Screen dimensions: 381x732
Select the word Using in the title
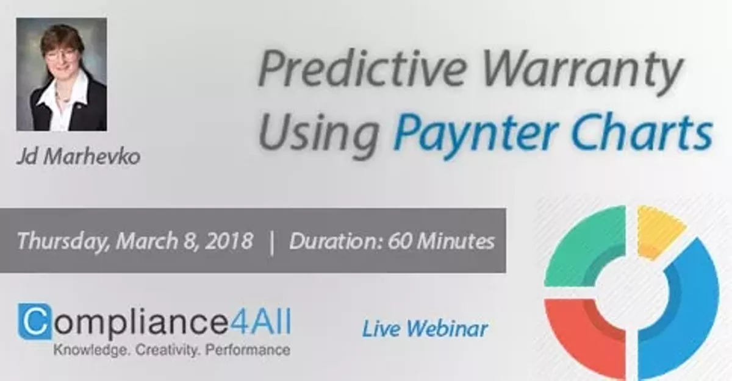coord(321,130)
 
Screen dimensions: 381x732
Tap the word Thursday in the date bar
coord(62,241)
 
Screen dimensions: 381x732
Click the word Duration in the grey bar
coord(330,241)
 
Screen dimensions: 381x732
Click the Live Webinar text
coord(425,329)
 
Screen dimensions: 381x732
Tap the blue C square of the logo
coord(34,321)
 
